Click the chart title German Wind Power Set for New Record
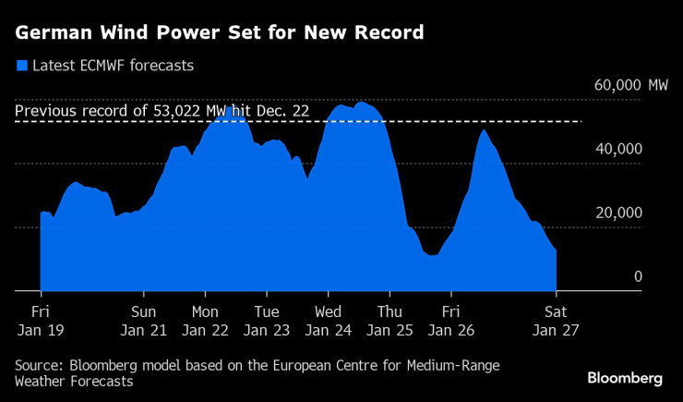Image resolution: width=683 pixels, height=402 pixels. [220, 33]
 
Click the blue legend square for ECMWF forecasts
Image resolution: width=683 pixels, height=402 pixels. [21, 66]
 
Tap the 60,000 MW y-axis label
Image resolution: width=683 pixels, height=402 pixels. [631, 85]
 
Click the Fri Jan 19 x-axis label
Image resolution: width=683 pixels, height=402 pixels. [41, 320]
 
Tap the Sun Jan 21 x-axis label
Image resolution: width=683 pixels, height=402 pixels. [143, 320]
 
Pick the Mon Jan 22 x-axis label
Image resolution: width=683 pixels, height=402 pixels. [205, 320]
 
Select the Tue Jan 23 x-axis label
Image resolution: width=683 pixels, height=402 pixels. [267, 320]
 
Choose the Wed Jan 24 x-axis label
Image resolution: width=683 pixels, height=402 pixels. [329, 320]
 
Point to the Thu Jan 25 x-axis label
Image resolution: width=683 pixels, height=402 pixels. [390, 320]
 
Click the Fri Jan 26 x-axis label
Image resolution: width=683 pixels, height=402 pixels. [451, 320]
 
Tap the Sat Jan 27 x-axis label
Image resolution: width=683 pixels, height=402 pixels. [556, 320]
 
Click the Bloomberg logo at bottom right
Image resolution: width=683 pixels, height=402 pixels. [625, 379]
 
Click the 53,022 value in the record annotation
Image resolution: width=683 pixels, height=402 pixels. [175, 112]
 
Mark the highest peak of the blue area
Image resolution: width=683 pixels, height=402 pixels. [360, 104]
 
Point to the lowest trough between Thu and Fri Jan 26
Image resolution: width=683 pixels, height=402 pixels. [431, 255]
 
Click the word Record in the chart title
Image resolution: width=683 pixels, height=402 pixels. [388, 33]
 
